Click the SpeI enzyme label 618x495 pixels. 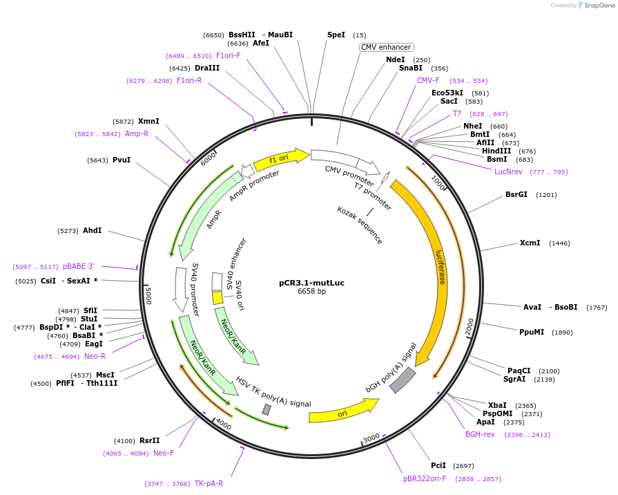coord(336,35)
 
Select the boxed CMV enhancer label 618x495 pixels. coord(386,47)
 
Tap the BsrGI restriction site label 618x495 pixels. coord(516,194)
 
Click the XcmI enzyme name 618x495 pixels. coord(530,243)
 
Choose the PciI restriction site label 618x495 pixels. coord(438,465)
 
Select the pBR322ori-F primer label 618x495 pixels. coord(425,478)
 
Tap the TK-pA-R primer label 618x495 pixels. coord(209,483)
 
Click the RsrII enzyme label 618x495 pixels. coord(149,440)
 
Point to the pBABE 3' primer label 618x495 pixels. coord(78,266)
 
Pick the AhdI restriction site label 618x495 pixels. coord(92,230)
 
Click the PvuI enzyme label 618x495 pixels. coord(122,160)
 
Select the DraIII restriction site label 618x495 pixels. coord(207,68)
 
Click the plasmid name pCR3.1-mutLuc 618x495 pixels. coord(311,283)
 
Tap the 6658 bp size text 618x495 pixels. coord(311,292)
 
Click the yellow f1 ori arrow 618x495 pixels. coord(281,158)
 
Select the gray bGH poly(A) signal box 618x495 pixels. coord(403,380)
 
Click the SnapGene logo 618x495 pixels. coord(596,6)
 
